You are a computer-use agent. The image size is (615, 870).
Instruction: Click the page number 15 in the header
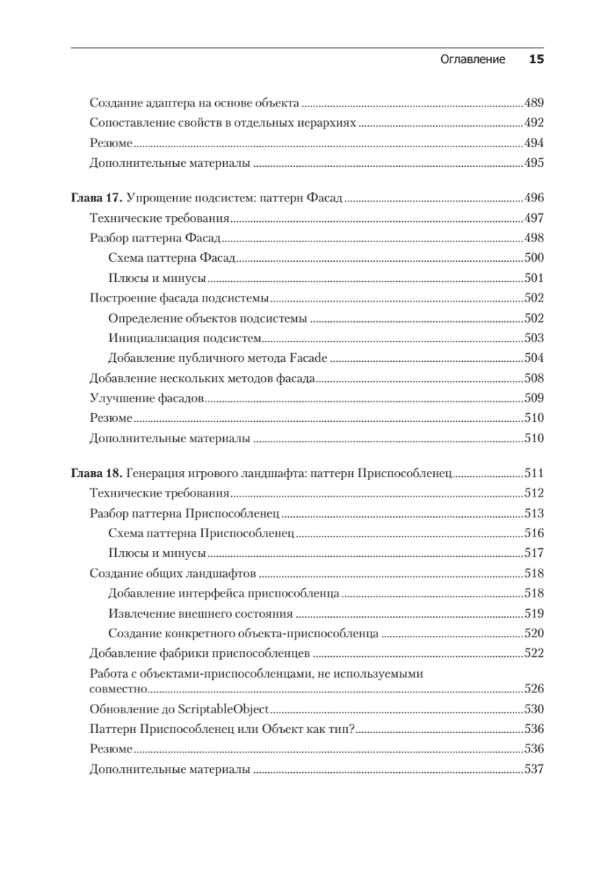pyautogui.click(x=536, y=60)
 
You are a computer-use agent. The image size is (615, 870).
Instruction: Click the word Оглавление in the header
pyautogui.click(x=472, y=60)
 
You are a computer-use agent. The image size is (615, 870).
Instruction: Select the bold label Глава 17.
pyautogui.click(x=97, y=198)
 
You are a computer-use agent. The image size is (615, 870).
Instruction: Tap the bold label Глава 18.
pyautogui.click(x=97, y=474)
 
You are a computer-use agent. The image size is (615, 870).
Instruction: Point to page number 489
pyautogui.click(x=533, y=103)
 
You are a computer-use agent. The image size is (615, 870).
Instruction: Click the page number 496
pyautogui.click(x=533, y=198)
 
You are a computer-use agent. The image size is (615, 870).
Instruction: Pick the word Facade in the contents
pyautogui.click(x=311, y=357)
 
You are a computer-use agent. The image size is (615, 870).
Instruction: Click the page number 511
pyautogui.click(x=533, y=474)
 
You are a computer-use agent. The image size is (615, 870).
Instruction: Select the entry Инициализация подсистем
pyautogui.click(x=184, y=338)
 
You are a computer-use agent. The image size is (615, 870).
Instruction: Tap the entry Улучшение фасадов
pyautogui.click(x=146, y=398)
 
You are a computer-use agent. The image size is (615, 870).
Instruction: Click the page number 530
pyautogui.click(x=533, y=708)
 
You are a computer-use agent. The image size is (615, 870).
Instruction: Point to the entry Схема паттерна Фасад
pyautogui.click(x=173, y=258)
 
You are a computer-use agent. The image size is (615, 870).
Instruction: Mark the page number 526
pyautogui.click(x=533, y=689)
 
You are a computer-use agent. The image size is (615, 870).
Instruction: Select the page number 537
pyautogui.click(x=533, y=769)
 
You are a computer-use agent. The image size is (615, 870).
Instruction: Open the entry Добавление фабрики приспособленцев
pyautogui.click(x=200, y=652)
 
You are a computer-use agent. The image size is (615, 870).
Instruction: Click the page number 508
pyautogui.click(x=533, y=378)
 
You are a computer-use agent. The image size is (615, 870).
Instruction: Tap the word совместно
pyautogui.click(x=119, y=689)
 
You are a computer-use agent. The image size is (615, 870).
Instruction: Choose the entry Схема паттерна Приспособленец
pyautogui.click(x=201, y=534)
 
